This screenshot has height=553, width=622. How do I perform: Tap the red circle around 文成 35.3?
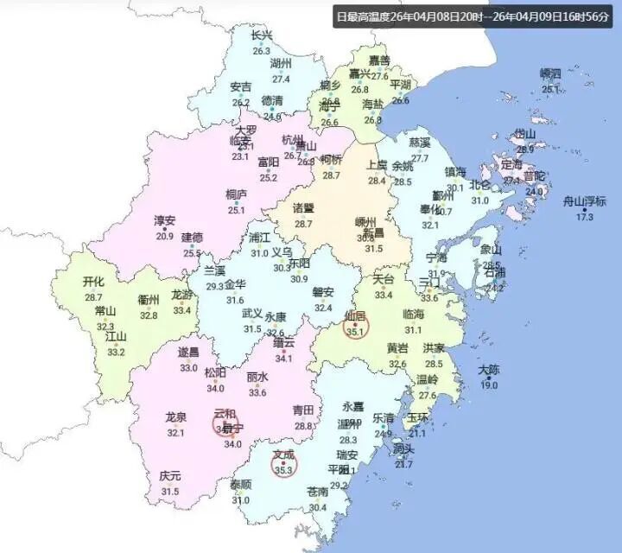283,464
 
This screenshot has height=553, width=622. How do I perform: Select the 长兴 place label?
262,35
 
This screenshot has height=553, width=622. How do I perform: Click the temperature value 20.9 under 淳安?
164,236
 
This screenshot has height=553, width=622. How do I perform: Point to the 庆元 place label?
170,476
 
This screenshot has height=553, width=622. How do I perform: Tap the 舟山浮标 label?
585,201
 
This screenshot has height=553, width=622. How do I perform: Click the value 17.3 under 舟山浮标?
585,217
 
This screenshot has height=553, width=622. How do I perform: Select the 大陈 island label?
488,370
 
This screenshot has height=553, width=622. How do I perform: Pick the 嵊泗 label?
550,73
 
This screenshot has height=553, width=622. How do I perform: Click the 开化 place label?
93,282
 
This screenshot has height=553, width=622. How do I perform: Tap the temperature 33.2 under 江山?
116,352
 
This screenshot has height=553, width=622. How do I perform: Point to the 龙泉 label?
176,417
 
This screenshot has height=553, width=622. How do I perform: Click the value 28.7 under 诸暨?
303,224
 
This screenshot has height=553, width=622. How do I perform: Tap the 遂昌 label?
188,352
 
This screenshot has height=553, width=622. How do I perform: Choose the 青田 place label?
303,410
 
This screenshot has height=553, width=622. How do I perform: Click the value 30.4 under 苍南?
318,507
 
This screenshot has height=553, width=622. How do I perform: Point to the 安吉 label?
241,87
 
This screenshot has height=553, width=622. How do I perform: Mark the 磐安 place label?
323,291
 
